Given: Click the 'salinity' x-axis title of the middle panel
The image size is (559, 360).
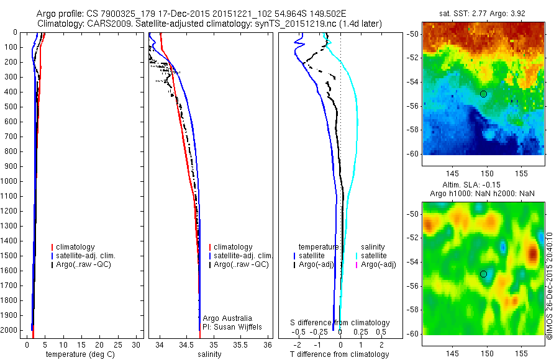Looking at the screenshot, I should tap(209, 354).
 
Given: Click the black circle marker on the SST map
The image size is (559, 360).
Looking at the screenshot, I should tap(483, 94).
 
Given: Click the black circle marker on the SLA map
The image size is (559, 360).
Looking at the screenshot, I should tap(483, 274).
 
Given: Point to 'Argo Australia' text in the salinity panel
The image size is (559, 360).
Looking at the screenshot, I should tap(228, 318).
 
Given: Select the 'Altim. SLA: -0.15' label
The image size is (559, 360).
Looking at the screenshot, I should tap(483, 185).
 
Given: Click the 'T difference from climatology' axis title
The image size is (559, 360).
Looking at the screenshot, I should tap(339, 354).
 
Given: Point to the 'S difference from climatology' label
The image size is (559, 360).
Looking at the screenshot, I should tap(340, 323).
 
